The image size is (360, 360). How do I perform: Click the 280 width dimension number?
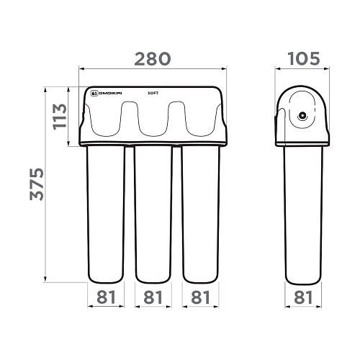point(153,59)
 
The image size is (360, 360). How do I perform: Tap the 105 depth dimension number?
point(304,59)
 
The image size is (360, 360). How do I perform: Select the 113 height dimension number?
point(60,117)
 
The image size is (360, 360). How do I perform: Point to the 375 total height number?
point(37,184)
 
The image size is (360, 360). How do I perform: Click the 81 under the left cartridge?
point(106,297)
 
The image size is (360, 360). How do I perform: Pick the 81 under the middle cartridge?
point(153,297)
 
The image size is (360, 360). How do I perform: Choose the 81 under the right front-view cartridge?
point(200,297)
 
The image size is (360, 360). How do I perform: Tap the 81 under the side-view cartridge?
point(303,297)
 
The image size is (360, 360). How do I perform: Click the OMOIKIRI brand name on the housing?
point(110,93)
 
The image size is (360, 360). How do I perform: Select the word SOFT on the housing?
point(153,93)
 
